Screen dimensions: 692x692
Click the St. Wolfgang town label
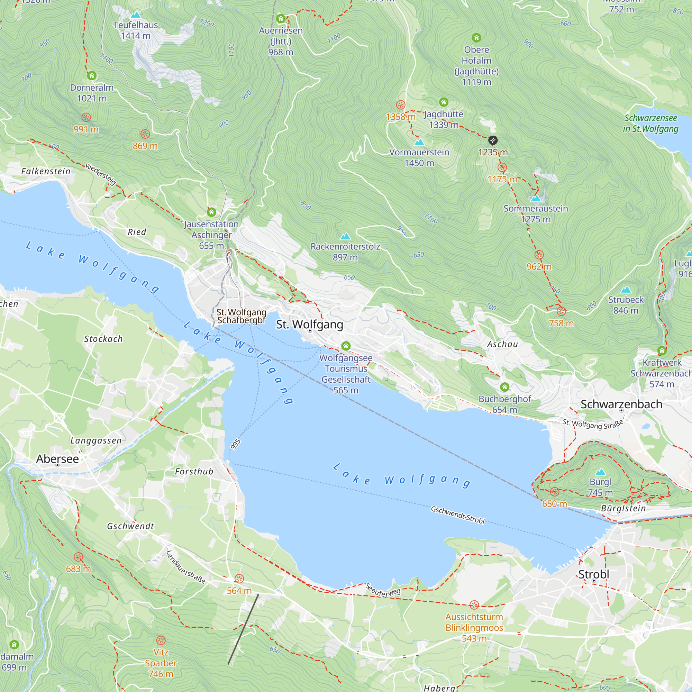coord(309,324)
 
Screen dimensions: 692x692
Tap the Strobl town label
coord(593,574)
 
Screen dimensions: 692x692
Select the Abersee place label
coord(57,458)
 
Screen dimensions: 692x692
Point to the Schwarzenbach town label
coord(621,404)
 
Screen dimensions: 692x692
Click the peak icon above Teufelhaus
coord(135,15)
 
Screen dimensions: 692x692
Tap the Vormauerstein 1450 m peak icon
coord(419,142)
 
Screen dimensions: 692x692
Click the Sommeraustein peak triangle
coord(536,198)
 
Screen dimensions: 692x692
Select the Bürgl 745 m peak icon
coord(600,472)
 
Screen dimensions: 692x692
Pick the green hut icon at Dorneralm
coord(92,75)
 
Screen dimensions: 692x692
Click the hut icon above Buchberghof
coord(505,387)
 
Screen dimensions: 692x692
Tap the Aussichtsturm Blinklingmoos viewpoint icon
coord(474,605)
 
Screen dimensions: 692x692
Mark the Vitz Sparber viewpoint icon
coord(161,640)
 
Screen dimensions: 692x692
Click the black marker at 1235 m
coord(493,140)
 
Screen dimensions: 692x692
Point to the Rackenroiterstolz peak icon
coord(345,236)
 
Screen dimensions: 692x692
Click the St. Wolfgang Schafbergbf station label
coord(241,316)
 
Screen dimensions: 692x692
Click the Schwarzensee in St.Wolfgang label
coord(650,123)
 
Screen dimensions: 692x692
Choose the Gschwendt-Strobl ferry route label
coord(457,515)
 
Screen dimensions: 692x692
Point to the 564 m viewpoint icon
coord(239,579)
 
